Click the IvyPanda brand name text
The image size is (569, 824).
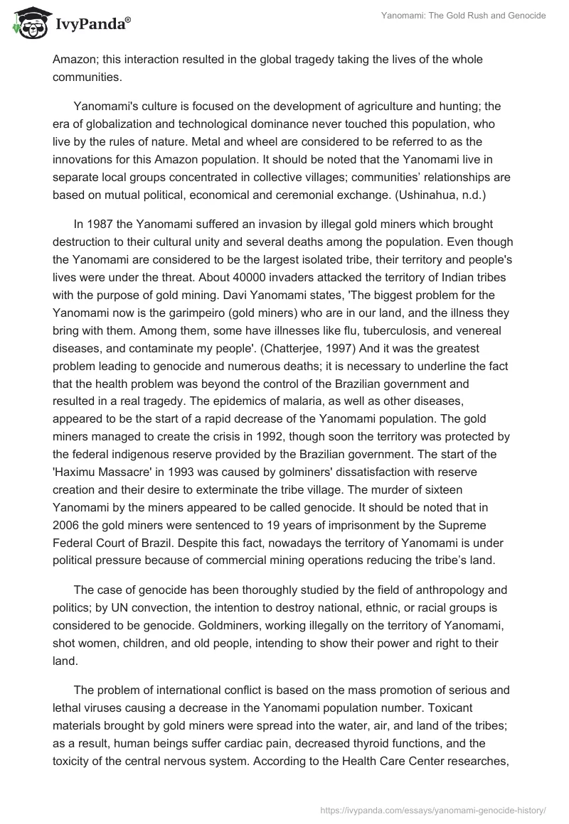[92, 26]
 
